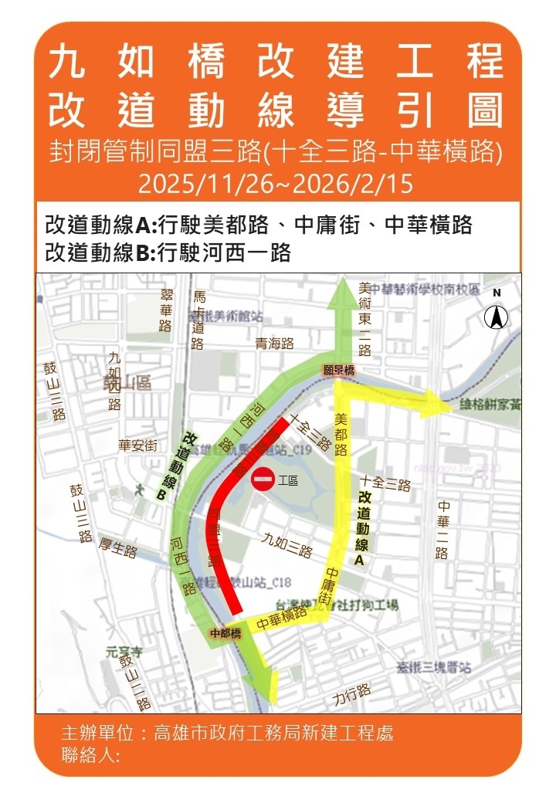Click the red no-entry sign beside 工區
coord(263,479)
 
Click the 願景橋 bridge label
coord(339,371)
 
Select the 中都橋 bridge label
coord(226,633)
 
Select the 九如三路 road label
coord(287,545)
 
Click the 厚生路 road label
coord(117,550)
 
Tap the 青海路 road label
coord(276,344)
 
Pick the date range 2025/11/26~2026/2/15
coord(276,185)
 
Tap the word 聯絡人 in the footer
coord(90,755)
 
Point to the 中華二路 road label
coord(442,530)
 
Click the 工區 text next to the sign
coord(288,480)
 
